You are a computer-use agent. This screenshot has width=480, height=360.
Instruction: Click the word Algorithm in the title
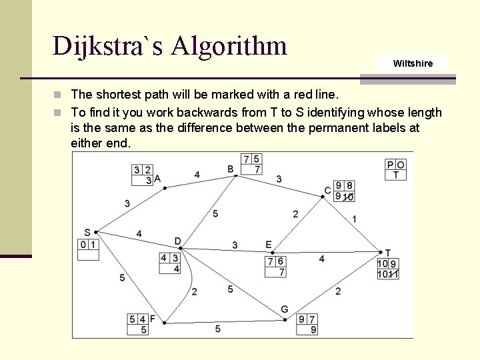(x=229, y=46)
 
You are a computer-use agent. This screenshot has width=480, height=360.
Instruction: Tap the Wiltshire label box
(x=413, y=63)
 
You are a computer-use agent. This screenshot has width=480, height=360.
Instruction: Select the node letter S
(x=87, y=233)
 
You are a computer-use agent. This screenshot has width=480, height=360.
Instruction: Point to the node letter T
(x=388, y=253)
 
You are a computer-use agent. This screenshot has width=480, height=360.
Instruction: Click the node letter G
(x=285, y=309)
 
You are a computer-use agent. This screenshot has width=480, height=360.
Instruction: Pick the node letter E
(x=269, y=245)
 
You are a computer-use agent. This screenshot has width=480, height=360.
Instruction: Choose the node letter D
(x=177, y=241)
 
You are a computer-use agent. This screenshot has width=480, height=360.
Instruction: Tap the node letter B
(x=231, y=169)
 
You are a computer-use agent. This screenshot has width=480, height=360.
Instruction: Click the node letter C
(x=327, y=191)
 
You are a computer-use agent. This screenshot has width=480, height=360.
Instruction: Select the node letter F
(x=153, y=319)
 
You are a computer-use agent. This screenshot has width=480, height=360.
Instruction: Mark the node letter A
(x=157, y=178)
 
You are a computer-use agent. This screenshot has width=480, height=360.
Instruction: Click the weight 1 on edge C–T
(x=354, y=219)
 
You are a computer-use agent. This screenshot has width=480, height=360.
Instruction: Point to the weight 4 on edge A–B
(x=197, y=175)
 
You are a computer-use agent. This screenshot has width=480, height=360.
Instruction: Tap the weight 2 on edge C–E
(x=295, y=214)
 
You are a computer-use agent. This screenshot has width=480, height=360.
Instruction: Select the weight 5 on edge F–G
(x=218, y=329)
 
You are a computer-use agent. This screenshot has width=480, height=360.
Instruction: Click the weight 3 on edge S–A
(x=127, y=203)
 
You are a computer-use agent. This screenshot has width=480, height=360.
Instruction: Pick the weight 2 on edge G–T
(x=338, y=291)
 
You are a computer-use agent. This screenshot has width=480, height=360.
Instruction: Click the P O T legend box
(x=395, y=169)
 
